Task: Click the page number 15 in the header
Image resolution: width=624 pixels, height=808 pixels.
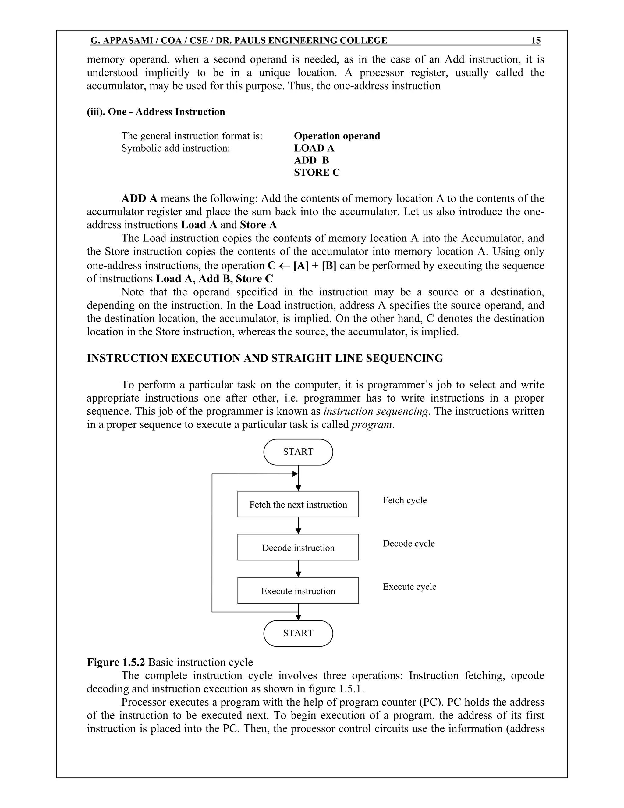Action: (x=536, y=40)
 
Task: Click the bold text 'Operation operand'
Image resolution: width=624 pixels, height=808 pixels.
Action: (x=337, y=136)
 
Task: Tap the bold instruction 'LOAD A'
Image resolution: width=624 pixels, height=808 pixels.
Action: (x=314, y=148)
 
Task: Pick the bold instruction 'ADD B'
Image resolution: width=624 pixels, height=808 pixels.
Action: (x=311, y=161)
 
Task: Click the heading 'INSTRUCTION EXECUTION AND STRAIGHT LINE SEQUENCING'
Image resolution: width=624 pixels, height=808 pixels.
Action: (x=265, y=358)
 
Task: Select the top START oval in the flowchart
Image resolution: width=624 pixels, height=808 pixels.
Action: (x=298, y=452)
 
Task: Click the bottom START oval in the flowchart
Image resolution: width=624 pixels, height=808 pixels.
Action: (x=298, y=633)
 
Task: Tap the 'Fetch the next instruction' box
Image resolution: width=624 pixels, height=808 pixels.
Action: (x=298, y=504)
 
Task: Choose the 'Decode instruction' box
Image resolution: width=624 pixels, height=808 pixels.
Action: (x=298, y=548)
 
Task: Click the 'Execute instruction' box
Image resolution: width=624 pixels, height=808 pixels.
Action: (x=298, y=591)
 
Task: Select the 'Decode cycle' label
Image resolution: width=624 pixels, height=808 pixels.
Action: (x=409, y=543)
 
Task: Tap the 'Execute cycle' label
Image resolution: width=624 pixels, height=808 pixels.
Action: (x=409, y=587)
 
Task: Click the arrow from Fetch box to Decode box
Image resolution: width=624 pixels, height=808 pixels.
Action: (x=298, y=526)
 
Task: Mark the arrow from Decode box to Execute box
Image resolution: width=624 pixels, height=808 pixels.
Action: (x=298, y=569)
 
